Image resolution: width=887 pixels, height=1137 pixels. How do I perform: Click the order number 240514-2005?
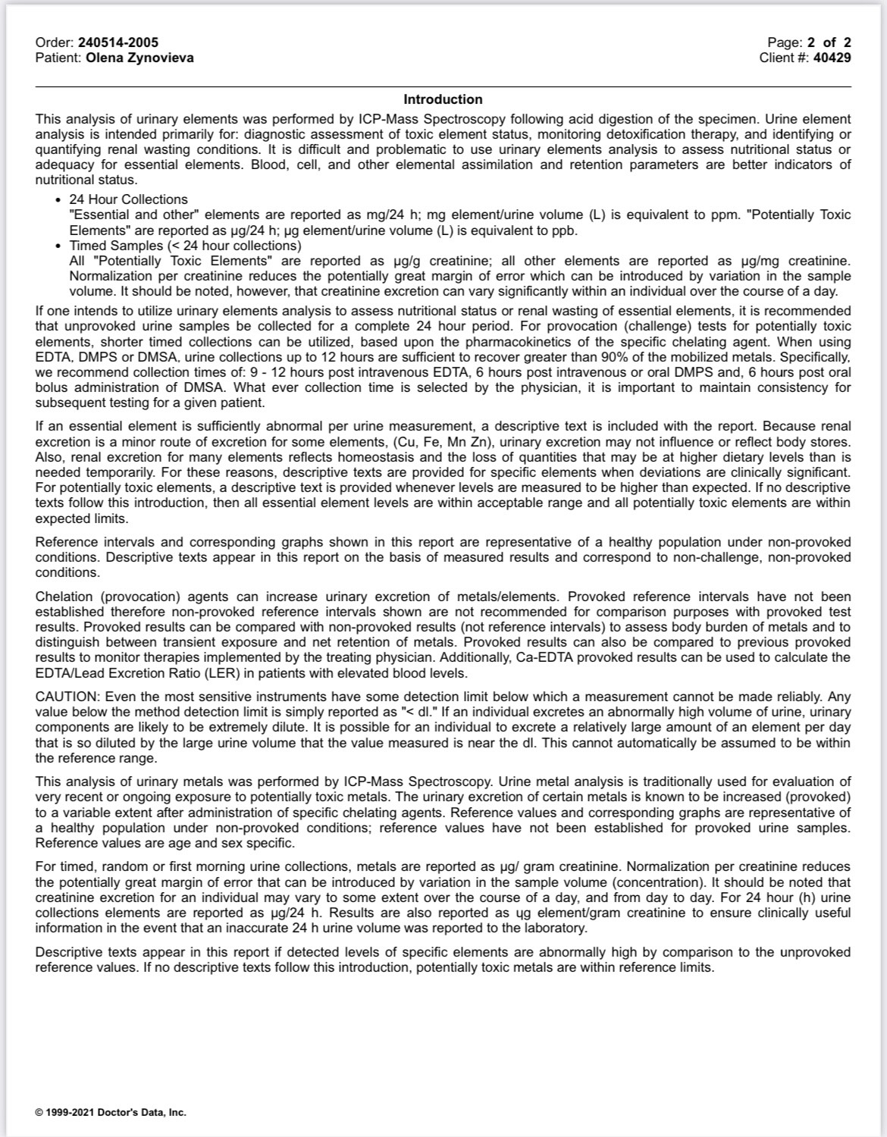[118, 42]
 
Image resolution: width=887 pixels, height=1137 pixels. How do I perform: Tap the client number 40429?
[832, 58]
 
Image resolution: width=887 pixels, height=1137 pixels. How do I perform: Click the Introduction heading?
[443, 99]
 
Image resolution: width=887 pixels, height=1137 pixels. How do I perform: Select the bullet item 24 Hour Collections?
[128, 199]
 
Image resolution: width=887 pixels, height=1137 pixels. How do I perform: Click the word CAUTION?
[67, 697]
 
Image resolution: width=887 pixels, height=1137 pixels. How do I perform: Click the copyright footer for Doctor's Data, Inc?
[111, 1113]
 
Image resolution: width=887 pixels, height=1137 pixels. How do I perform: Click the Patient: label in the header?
[59, 58]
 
